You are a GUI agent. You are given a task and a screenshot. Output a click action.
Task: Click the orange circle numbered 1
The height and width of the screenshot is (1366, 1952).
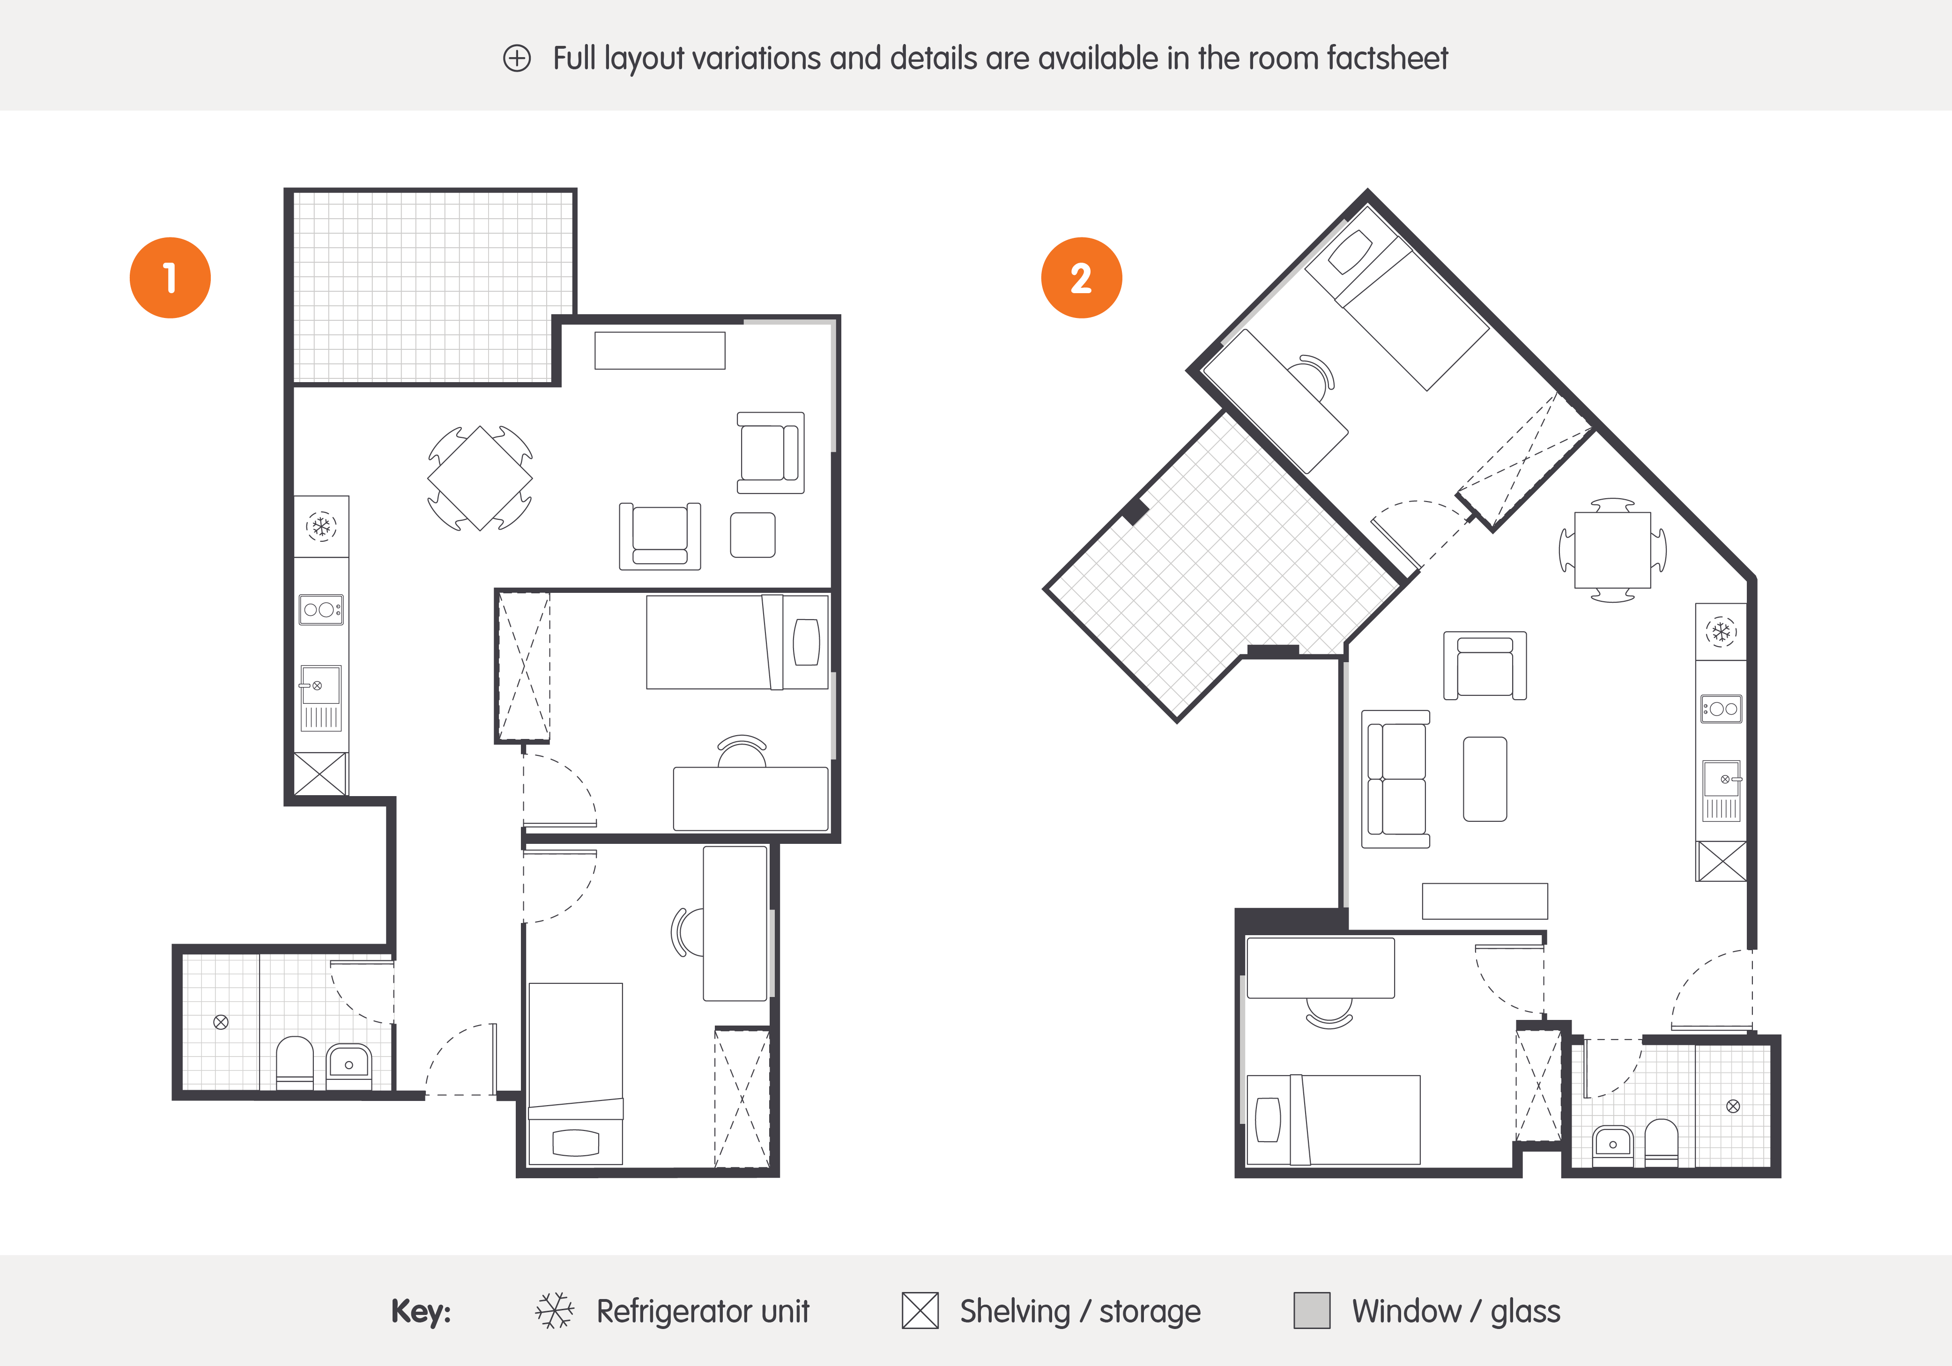(170, 278)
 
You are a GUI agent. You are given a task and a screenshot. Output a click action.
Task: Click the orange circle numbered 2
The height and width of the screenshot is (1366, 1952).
(1082, 278)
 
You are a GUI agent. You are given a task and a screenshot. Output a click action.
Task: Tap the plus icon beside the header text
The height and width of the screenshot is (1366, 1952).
(517, 59)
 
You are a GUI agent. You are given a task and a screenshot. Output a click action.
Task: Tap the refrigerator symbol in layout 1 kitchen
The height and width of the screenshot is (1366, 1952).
(321, 527)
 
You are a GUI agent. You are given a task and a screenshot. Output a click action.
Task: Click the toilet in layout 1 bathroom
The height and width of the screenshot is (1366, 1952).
(295, 1063)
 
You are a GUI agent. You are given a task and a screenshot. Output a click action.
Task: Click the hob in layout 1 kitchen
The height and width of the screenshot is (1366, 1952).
(321, 609)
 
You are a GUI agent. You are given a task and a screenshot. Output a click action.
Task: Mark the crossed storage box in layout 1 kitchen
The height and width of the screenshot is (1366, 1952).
(320, 774)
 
